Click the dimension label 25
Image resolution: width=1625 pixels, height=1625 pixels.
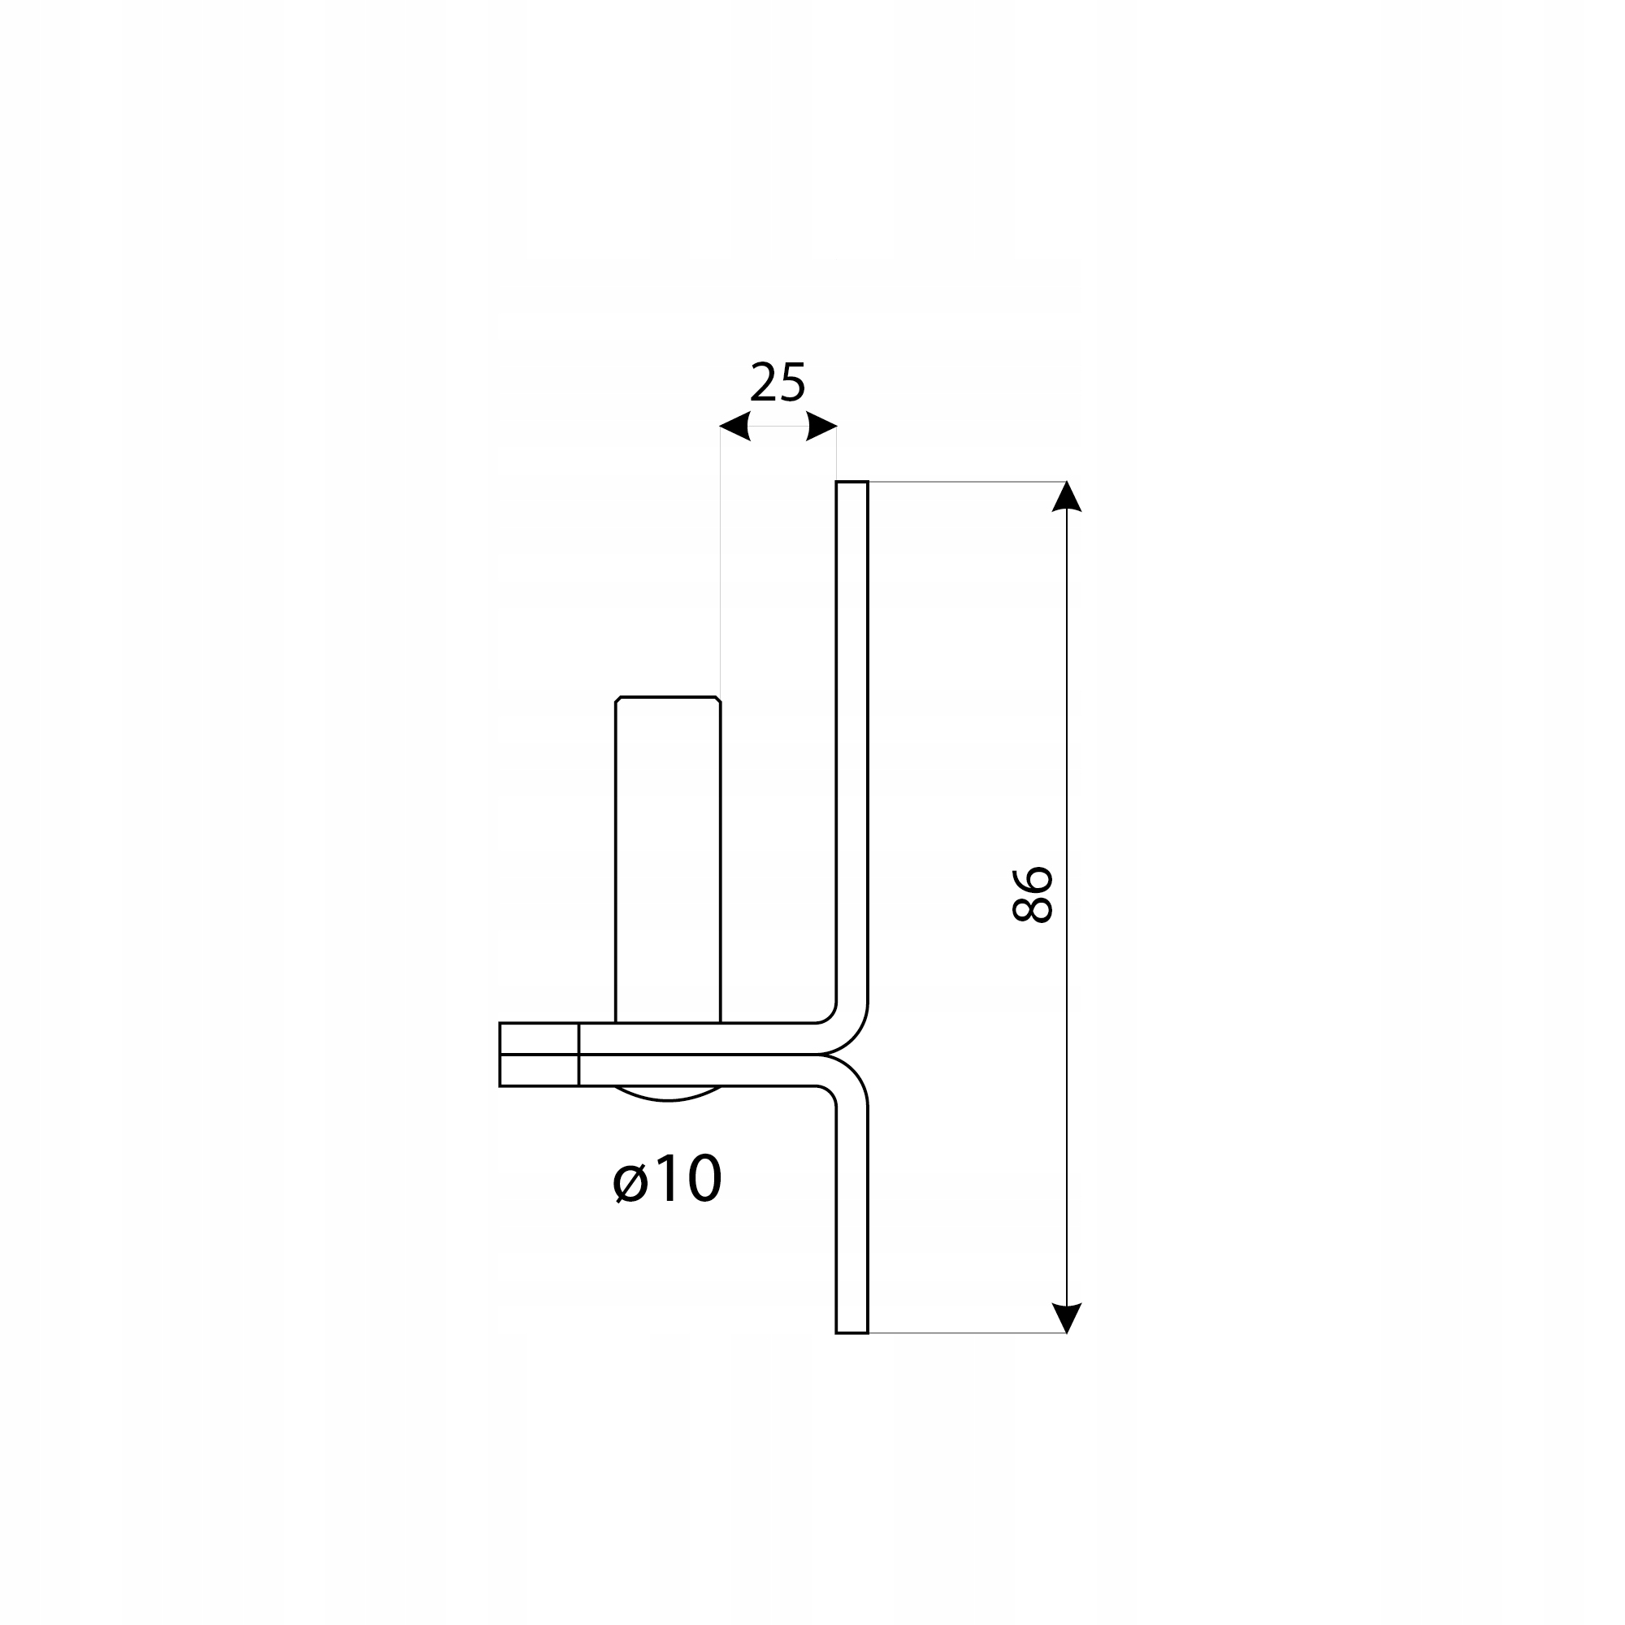[x=778, y=383]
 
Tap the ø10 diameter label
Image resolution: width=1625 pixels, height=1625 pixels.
[x=667, y=1178]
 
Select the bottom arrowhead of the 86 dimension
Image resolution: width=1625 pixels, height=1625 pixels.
[x=1067, y=1317]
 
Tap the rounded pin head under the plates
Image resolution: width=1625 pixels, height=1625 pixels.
[x=668, y=1094]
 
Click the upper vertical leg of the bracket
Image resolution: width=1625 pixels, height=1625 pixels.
[x=852, y=740]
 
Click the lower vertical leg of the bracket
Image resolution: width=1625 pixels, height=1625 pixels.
[x=852, y=1220]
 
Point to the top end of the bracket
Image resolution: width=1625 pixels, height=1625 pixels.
[x=852, y=483]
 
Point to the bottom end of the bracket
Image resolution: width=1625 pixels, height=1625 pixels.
[x=852, y=1331]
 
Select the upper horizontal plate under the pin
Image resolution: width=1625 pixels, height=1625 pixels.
[x=698, y=1038]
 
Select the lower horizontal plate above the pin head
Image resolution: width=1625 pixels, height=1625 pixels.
[x=698, y=1070]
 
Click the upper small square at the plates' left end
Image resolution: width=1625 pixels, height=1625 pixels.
[x=539, y=1038]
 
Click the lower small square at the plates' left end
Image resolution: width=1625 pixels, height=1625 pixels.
[x=539, y=1070]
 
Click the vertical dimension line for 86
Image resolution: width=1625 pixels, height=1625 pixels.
[x=1067, y=757]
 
